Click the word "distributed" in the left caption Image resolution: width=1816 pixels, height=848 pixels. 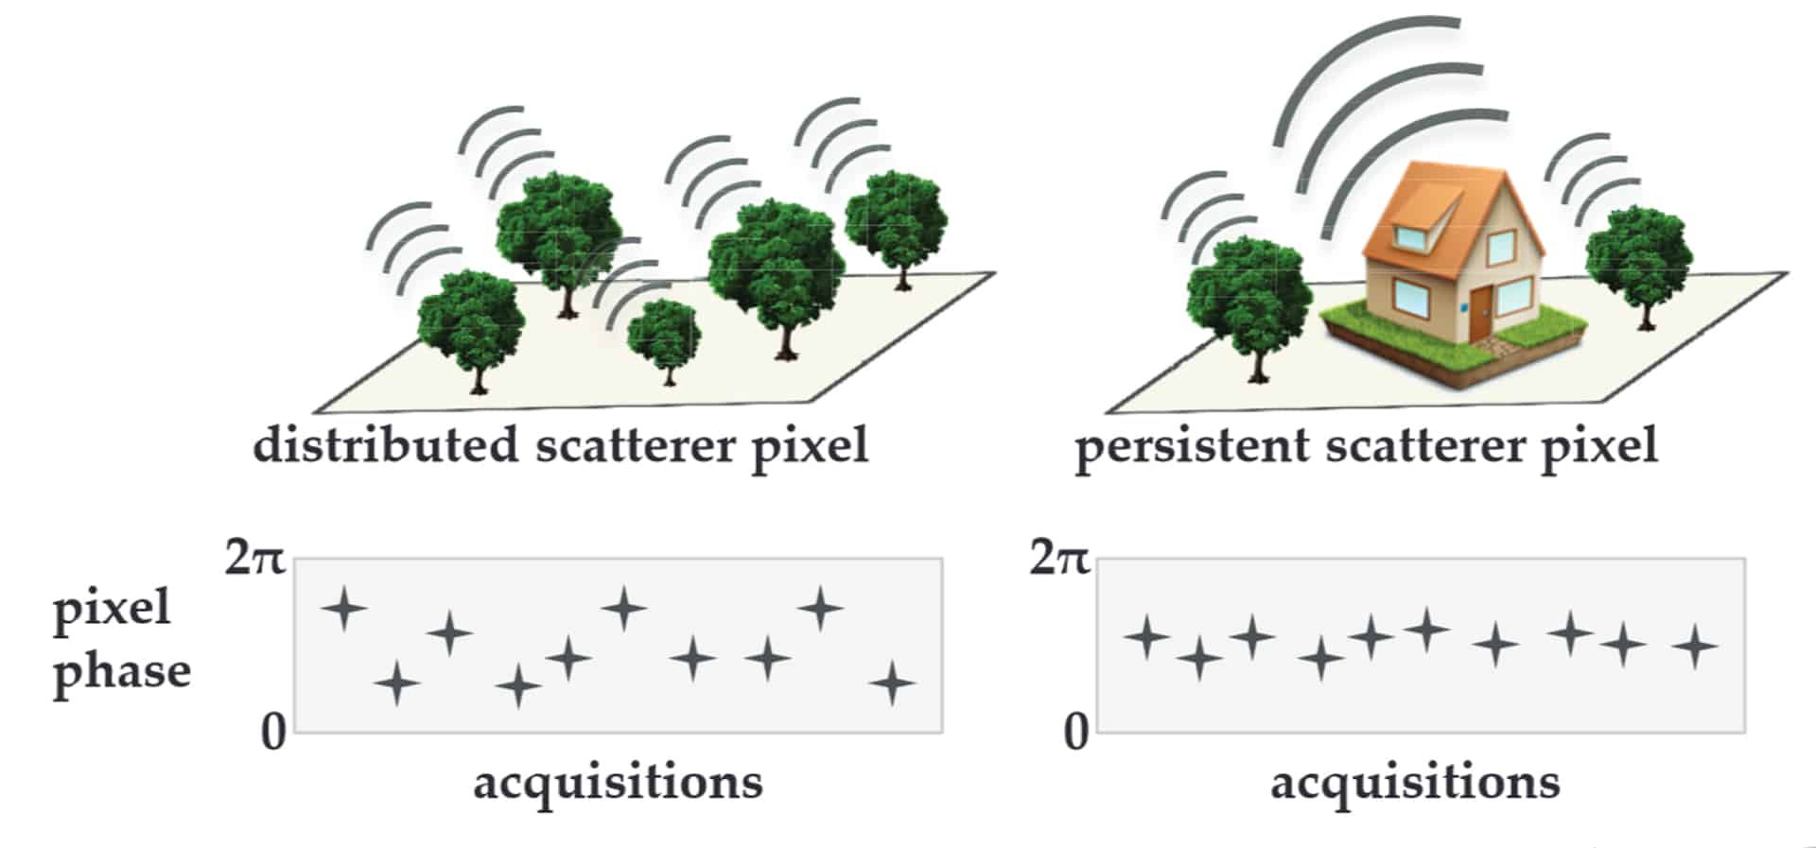tap(385, 444)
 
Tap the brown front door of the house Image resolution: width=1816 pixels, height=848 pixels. tap(1479, 314)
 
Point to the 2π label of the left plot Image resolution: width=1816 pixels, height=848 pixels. tap(253, 558)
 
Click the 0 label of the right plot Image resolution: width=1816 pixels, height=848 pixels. tap(1075, 732)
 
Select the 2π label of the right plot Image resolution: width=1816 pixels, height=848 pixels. tap(1058, 558)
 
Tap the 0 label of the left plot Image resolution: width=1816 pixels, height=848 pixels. tap(273, 732)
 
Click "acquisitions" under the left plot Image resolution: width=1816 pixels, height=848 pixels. tap(618, 783)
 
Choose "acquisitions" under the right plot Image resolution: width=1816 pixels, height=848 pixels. tap(1415, 783)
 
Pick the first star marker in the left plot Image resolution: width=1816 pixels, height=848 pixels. tap(344, 608)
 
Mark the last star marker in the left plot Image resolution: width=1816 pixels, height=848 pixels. tap(892, 684)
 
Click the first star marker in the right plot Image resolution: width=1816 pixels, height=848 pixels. tap(1146, 636)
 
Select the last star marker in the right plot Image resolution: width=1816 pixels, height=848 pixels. tap(1695, 647)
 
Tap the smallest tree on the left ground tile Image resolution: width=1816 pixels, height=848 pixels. tap(664, 336)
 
